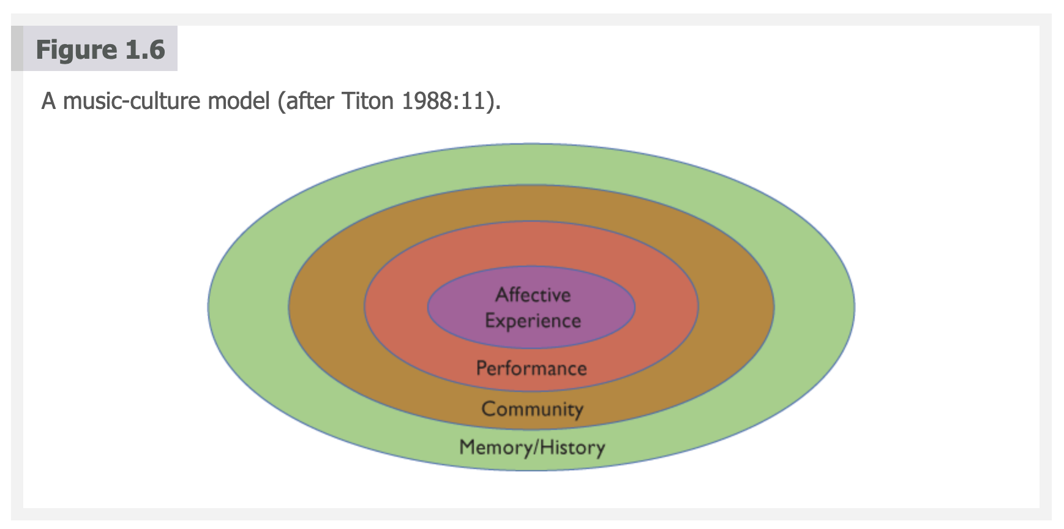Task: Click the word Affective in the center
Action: [533, 295]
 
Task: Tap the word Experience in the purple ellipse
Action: [533, 321]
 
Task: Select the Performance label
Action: [531, 368]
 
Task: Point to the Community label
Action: [532, 409]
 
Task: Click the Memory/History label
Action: [532, 448]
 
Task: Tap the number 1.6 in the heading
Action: [145, 50]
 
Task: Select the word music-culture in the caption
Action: [166, 100]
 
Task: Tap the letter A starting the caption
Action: [48, 101]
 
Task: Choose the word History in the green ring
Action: [572, 448]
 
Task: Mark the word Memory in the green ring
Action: [496, 448]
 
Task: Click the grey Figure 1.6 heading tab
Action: [94, 48]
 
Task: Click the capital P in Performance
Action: [482, 368]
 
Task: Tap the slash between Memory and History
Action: [536, 448]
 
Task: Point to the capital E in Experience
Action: [490, 320]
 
